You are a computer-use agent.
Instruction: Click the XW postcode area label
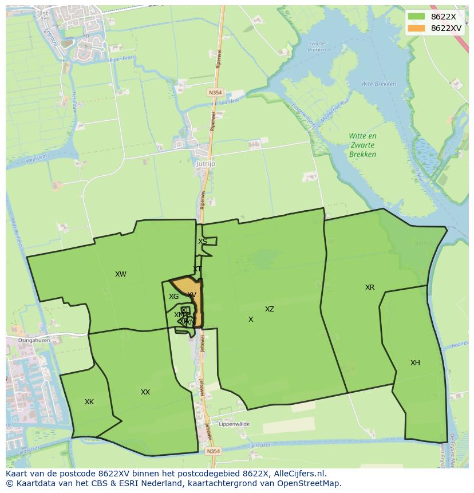coord(120,274)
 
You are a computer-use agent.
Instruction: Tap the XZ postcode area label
coord(269,309)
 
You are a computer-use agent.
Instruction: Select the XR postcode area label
coord(370,287)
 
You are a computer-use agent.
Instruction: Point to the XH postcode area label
coord(415,363)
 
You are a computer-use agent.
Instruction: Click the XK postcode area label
coord(89,402)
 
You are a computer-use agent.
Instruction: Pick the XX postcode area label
coord(145,392)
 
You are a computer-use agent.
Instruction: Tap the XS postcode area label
coord(203,242)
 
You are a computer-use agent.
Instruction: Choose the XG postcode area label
coord(173,297)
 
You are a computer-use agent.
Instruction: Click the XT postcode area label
coord(197,269)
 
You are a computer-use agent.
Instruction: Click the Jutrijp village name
coord(205,163)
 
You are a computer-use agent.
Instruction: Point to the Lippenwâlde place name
coord(232,424)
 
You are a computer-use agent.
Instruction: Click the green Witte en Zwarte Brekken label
coord(363,145)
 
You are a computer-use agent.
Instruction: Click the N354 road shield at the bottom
coord(213,451)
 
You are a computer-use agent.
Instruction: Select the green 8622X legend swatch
coord(416,17)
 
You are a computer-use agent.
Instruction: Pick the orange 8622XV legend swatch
coord(416,28)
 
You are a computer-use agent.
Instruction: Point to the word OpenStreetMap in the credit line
coord(310,483)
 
